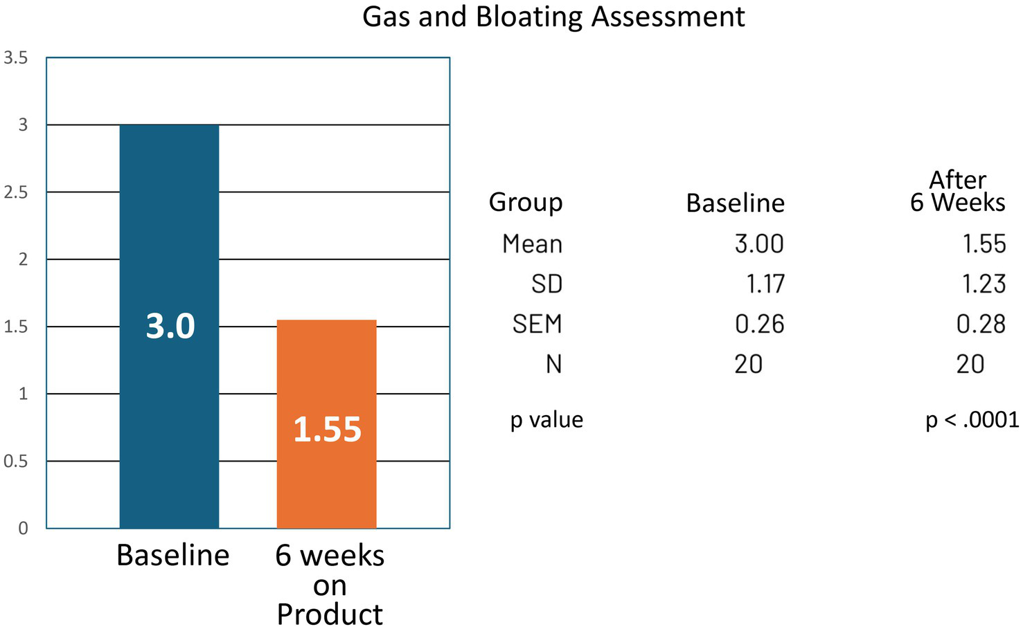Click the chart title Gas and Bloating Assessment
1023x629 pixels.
click(553, 17)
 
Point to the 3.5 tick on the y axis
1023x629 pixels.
click(16, 58)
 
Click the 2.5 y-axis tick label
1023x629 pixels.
click(16, 192)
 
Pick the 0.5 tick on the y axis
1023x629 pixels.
click(16, 462)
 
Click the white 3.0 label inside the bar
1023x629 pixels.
click(170, 326)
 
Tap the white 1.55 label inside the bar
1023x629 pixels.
click(327, 429)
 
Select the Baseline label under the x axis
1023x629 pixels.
click(172, 555)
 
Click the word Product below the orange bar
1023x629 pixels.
click(330, 614)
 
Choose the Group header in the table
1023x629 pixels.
click(525, 202)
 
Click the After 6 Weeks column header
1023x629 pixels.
click(957, 191)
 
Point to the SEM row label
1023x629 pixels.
click(537, 324)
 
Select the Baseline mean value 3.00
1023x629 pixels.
click(759, 244)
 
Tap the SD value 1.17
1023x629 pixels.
click(765, 284)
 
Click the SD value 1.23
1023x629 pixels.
click(983, 284)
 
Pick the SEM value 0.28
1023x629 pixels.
click(981, 324)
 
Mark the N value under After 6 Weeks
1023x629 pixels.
click(970, 364)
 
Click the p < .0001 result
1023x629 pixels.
click(972, 420)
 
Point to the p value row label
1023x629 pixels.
click(546, 420)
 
